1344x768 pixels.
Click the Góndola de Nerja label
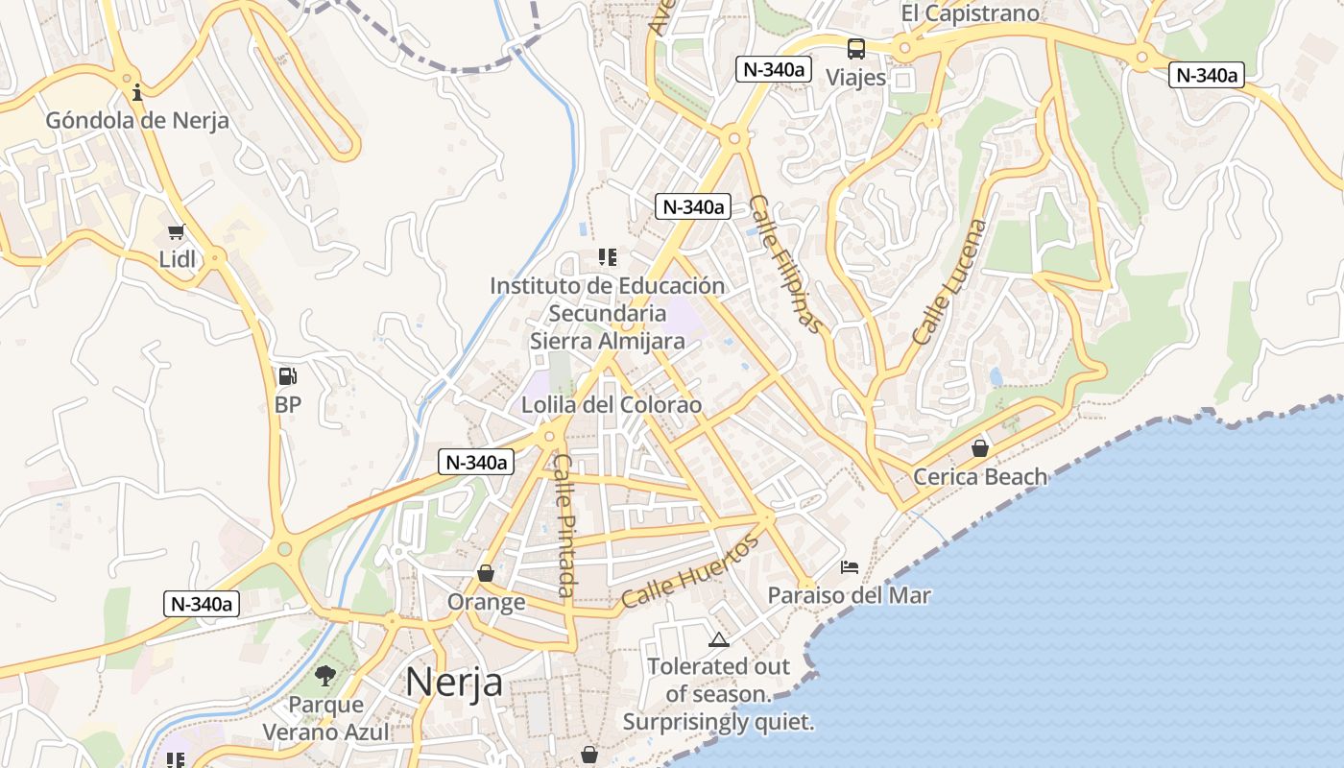pyautogui.click(x=137, y=121)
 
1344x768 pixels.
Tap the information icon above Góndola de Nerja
pyautogui.click(x=137, y=92)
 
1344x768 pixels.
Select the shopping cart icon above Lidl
pyautogui.click(x=176, y=231)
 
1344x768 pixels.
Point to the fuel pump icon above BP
pyautogui.click(x=287, y=376)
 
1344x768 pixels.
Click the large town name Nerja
pyautogui.click(x=454, y=682)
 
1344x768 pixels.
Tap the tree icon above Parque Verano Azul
pyautogui.click(x=325, y=676)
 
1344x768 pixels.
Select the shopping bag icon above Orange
pyautogui.click(x=486, y=573)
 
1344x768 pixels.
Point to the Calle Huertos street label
pyautogui.click(x=689, y=571)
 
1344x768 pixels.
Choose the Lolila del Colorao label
pyautogui.click(x=611, y=405)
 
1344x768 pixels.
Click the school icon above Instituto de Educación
pyautogui.click(x=607, y=257)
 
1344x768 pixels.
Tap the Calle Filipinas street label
pyautogui.click(x=785, y=264)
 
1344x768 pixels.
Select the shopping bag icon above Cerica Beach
pyautogui.click(x=980, y=448)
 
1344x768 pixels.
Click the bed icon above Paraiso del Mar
pyautogui.click(x=850, y=567)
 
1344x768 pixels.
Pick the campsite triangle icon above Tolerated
pyautogui.click(x=718, y=639)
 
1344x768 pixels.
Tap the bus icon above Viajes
pyautogui.click(x=855, y=49)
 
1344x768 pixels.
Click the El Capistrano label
pyautogui.click(x=970, y=13)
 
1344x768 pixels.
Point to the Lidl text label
pyautogui.click(x=177, y=259)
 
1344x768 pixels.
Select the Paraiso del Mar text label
pyautogui.click(x=849, y=595)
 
